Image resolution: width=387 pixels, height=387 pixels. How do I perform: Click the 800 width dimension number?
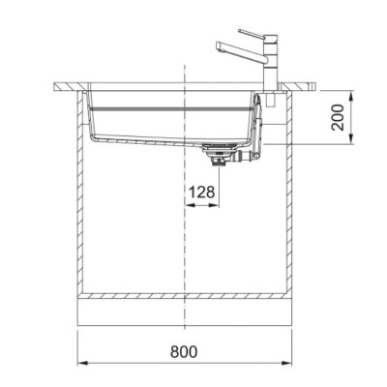coord(184,351)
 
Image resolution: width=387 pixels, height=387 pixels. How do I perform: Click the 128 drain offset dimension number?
coord(201,193)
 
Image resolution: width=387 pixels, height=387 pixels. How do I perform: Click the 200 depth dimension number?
coord(338,117)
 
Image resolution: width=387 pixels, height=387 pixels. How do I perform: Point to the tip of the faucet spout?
coord(218,46)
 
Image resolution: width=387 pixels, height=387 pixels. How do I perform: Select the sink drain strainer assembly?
coord(219,155)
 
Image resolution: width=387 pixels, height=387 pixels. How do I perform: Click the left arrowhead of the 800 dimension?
coord(82,364)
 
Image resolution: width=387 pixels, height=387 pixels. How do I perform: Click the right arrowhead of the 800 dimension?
coord(286,364)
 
